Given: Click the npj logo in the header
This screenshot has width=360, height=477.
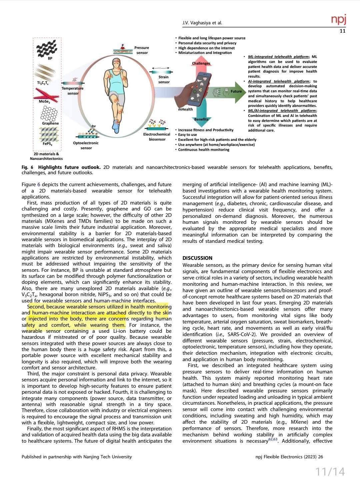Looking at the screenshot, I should pos(339,20).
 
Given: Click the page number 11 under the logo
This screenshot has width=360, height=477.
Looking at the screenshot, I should pos(343,31).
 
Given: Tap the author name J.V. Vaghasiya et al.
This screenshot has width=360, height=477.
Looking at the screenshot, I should pos(202,23).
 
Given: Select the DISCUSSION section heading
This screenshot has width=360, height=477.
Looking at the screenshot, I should pos(197,258).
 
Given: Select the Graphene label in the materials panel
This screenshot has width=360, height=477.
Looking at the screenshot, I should pos(50,123).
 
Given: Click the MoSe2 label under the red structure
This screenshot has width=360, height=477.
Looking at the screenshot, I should pos(44,102).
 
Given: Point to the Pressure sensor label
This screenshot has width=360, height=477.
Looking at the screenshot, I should pos(142,50).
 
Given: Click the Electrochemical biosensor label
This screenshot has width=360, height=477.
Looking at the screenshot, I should pos(157,137).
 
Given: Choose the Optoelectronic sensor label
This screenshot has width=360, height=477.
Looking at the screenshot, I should pos(86,145).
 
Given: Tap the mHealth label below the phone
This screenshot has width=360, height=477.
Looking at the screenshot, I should pos(185,109).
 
